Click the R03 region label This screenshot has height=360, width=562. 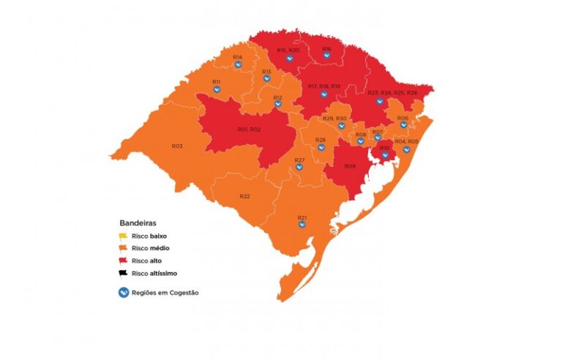(177, 146)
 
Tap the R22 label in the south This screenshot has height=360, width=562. (244, 196)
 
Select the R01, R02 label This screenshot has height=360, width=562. (249, 129)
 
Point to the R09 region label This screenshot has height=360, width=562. (350, 167)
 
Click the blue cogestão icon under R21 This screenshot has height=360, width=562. (302, 225)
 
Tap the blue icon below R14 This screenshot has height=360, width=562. (238, 65)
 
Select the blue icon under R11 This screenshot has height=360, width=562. (217, 89)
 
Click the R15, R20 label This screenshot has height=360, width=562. (288, 50)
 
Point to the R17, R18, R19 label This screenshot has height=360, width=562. (324, 86)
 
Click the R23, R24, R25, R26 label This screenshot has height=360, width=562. (392, 93)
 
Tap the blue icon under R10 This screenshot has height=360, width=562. (385, 155)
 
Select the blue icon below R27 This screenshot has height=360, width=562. (299, 167)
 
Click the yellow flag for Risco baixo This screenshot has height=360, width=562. (123, 235)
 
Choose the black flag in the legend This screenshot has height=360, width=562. (123, 273)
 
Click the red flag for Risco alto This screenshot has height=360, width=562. (123, 260)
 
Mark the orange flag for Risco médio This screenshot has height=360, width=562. (123, 248)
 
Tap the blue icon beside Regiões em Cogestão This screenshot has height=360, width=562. (123, 293)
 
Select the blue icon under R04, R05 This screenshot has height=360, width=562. (406, 149)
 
